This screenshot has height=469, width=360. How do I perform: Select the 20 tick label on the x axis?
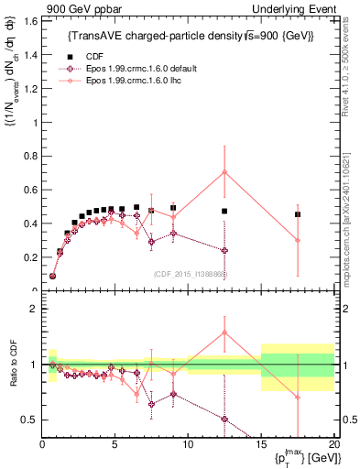coord(333,445)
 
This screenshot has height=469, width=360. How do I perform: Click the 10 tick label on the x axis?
coord(188,445)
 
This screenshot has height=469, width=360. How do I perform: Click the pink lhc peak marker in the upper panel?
coord(224,172)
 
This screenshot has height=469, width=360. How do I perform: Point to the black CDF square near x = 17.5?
coord(298,214)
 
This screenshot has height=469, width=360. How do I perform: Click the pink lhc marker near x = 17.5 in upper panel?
coord(298,240)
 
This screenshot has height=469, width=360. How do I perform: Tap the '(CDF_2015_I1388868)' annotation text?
coord(190,273)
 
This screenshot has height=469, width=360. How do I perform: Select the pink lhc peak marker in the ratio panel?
coord(224,333)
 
